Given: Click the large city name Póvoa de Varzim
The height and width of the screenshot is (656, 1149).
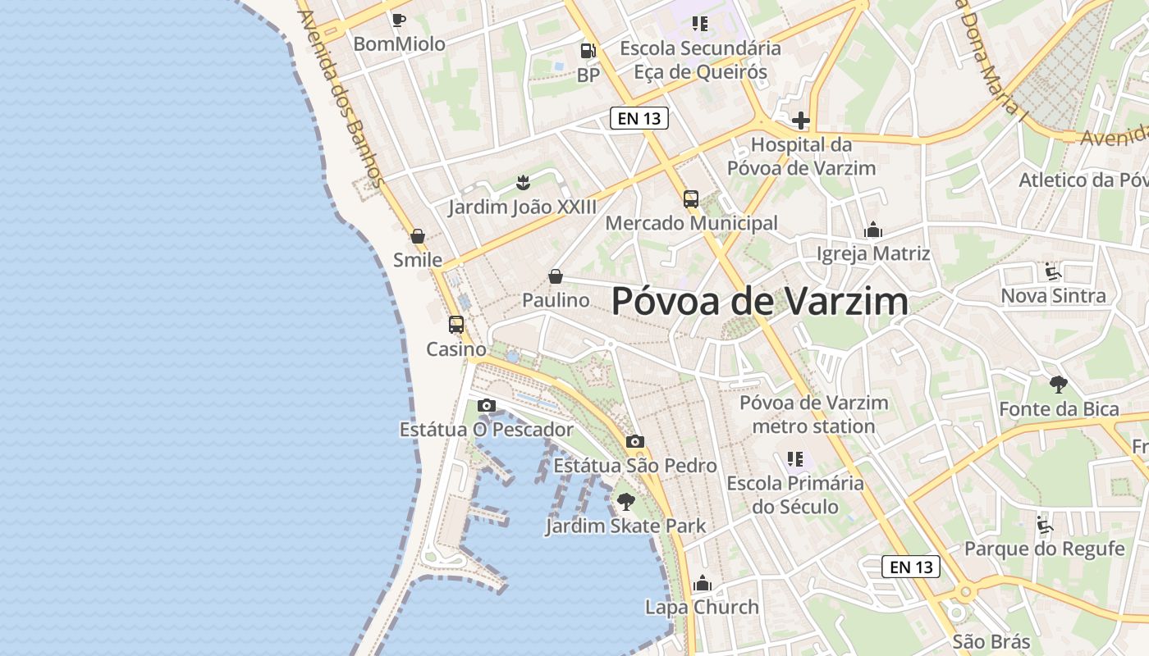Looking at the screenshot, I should click(x=760, y=302).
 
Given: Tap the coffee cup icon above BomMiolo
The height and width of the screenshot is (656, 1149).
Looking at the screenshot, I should click(x=399, y=20).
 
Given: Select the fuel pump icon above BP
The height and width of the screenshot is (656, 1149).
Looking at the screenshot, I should click(x=588, y=50).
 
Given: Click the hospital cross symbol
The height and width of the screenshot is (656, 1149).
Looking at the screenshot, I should click(x=801, y=121).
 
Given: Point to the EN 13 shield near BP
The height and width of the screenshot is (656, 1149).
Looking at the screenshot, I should click(x=639, y=118).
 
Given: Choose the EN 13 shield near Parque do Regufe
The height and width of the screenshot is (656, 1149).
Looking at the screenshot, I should click(x=911, y=567).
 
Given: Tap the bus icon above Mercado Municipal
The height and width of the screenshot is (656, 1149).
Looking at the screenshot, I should click(x=691, y=198).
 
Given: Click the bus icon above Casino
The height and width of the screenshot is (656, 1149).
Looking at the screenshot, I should click(x=456, y=325).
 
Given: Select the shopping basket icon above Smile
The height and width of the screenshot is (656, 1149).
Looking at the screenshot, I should click(x=418, y=236).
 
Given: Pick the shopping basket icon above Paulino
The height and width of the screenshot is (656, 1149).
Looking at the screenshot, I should click(x=556, y=276).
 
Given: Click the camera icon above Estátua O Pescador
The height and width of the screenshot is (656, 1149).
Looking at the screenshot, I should click(x=487, y=405).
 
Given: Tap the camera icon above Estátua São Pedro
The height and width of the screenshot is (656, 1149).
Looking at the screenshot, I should click(x=634, y=442).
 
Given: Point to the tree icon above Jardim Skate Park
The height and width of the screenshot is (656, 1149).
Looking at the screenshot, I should click(x=626, y=502).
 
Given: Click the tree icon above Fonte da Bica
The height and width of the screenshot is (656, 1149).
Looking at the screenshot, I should click(x=1059, y=384).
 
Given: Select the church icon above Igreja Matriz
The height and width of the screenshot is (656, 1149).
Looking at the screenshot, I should click(x=873, y=230).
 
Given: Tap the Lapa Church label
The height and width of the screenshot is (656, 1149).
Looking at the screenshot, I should click(x=702, y=608).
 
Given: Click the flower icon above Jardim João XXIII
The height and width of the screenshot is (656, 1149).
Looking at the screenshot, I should click(x=522, y=182).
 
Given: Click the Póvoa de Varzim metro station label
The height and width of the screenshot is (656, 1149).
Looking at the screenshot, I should click(x=813, y=414).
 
